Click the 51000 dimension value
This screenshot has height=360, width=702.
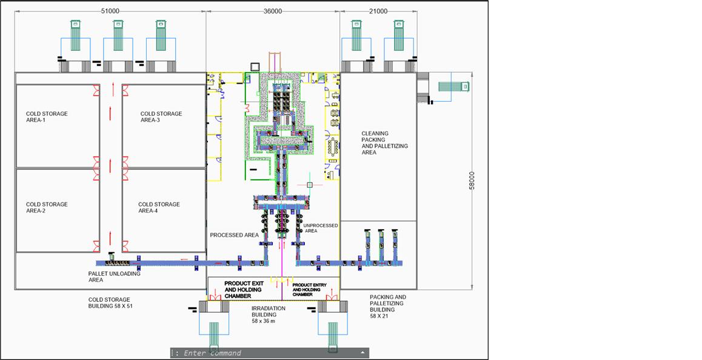tap(110, 11)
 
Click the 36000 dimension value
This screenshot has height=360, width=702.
tap(273, 11)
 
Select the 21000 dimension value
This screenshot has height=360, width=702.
tap(378, 11)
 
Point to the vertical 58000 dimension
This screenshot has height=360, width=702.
tap(472, 181)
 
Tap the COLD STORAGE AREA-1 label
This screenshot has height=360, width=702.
tap(47, 117)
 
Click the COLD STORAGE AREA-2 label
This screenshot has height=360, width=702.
tap(47, 207)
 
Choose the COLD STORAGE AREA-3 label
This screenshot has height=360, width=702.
tap(161, 117)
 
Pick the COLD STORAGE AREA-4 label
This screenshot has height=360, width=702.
tap(159, 207)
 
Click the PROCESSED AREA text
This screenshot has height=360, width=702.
tap(235, 235)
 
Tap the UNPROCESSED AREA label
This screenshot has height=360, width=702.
tap(321, 228)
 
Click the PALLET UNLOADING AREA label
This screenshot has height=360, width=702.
tap(114, 277)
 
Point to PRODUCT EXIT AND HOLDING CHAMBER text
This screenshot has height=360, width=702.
tap(244, 290)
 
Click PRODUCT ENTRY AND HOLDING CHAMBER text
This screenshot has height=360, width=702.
tap(309, 290)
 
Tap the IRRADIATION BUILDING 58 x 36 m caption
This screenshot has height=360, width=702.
tap(268, 315)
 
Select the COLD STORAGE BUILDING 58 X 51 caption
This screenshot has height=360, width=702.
tap(109, 303)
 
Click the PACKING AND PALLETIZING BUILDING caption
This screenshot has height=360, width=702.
tap(388, 306)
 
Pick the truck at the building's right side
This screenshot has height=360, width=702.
tap(453, 87)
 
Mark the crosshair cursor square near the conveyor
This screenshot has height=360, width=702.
tap(309, 184)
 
